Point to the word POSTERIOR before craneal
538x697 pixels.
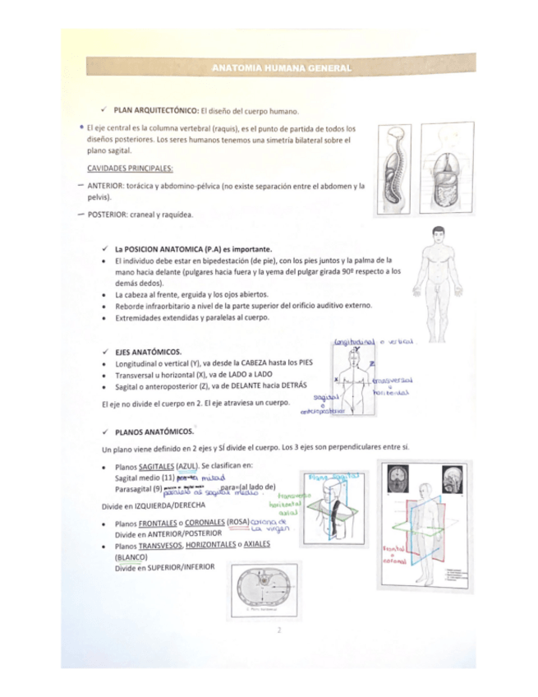tap(108, 215)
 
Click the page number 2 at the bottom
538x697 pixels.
tap(279, 630)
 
